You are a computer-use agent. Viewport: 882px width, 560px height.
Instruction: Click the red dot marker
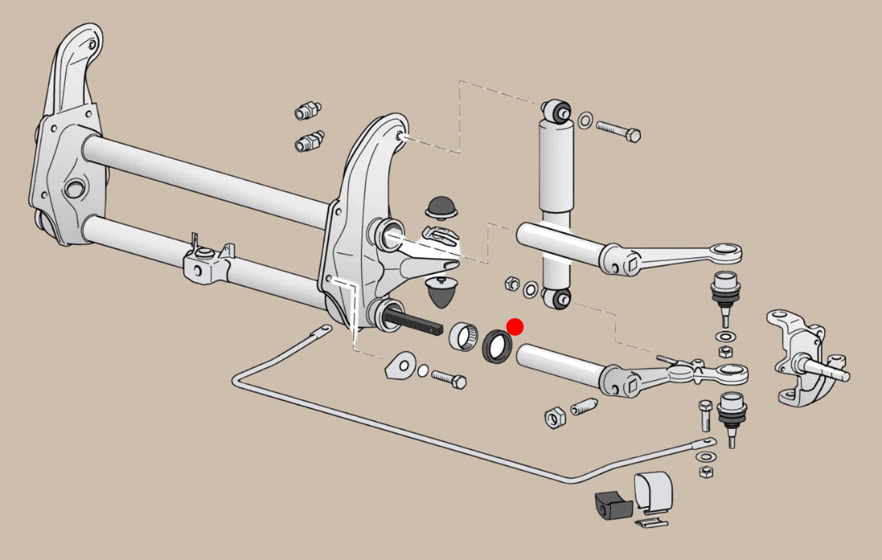click(x=515, y=327)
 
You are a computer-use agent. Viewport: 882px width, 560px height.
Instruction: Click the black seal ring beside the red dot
click(x=497, y=347)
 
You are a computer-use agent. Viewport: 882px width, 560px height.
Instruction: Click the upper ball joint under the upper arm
click(x=724, y=287)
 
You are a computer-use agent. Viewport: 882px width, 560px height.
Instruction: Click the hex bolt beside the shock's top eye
click(x=618, y=131)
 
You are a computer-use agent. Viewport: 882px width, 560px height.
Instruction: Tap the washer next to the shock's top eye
click(x=584, y=120)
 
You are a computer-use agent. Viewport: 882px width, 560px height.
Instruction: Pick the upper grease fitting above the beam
click(x=308, y=111)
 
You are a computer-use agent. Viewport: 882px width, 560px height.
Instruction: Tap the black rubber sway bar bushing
click(x=613, y=504)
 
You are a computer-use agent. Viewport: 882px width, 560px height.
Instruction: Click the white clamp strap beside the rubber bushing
click(x=653, y=492)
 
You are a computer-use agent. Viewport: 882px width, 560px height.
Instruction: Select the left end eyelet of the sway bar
click(x=322, y=331)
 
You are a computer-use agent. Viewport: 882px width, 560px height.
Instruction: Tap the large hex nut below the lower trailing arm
click(x=555, y=417)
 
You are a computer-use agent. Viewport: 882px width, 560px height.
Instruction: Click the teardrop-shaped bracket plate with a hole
click(x=400, y=365)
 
